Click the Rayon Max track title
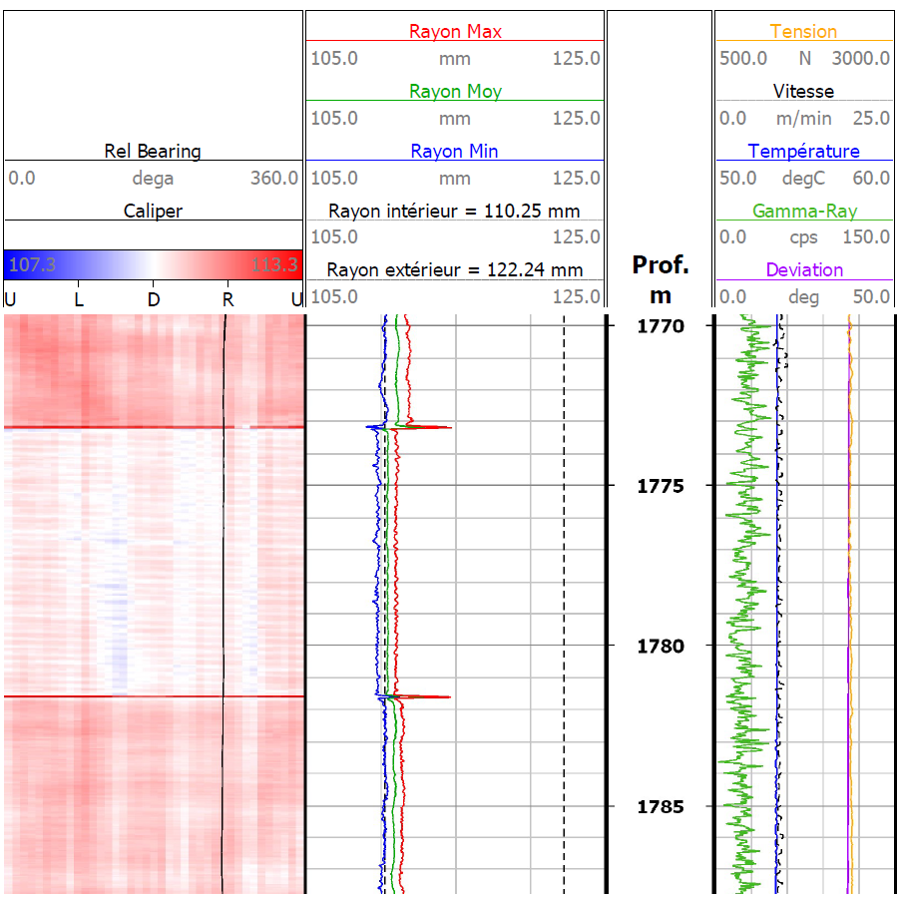point(455,32)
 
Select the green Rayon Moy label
point(455,92)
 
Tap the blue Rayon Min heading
point(455,152)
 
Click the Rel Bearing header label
point(153,152)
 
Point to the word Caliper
point(153,211)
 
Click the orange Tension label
point(803,32)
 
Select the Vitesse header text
point(803,92)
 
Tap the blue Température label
point(803,152)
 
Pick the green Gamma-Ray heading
point(803,212)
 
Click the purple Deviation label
point(803,270)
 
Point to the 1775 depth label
point(660,486)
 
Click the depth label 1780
point(660,647)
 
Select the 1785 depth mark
point(660,806)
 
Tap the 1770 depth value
point(660,326)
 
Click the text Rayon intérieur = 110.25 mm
point(455,211)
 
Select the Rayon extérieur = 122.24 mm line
point(455,269)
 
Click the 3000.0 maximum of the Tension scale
point(862,59)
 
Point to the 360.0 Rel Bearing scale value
point(274,179)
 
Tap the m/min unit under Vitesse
point(803,119)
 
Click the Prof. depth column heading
point(660,265)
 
